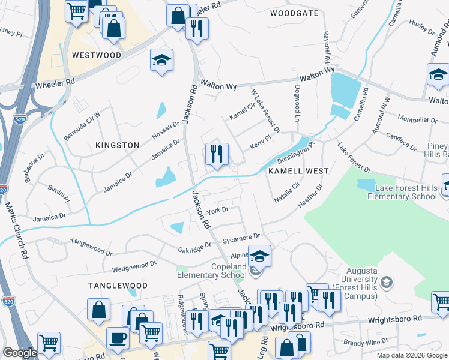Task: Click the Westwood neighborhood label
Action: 97,55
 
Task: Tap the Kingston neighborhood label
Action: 118,145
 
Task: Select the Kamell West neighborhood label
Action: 298,171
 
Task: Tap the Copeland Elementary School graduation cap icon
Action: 259,256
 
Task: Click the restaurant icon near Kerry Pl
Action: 217,154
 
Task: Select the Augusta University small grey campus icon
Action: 387,281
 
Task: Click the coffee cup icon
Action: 118,338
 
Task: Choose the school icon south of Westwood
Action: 161,60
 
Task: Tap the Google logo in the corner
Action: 19,353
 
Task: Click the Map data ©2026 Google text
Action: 412,355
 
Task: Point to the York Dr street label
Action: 218,210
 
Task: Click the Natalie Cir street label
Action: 287,193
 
